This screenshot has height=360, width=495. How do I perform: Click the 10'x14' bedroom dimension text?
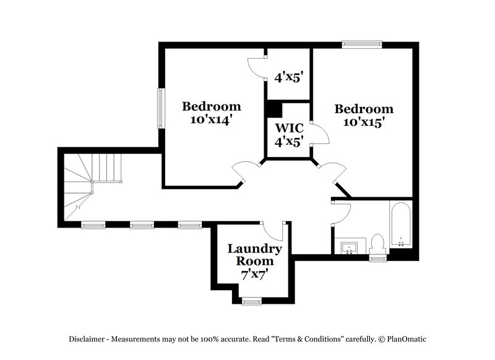211,121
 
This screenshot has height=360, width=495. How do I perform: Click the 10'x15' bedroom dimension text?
364,122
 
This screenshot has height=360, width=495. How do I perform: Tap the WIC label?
288,128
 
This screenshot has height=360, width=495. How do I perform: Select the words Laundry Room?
254,255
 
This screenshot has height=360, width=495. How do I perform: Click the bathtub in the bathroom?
400,224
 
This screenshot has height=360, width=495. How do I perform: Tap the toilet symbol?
377,245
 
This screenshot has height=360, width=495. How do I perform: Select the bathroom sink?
350,247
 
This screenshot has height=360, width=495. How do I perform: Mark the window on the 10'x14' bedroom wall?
160,108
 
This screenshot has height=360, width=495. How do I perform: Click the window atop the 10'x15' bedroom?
362,44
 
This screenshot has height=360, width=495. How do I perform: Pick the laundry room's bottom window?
251,301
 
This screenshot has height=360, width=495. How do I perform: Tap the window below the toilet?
377,258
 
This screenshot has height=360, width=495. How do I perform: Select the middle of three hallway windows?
142,225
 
